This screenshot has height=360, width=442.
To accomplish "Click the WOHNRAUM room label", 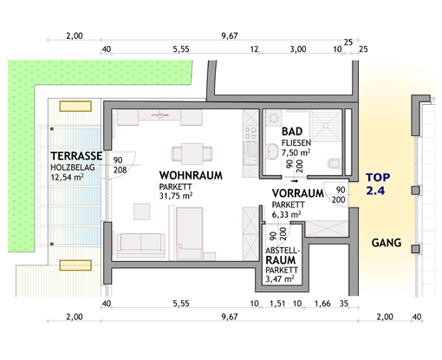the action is pyautogui.click(x=191, y=175).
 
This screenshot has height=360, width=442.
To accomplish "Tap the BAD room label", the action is pyautogui.click(x=292, y=132).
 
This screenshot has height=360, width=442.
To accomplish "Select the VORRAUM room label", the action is pyautogui.click(x=298, y=193).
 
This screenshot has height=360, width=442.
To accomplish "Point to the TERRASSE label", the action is pyautogui.click(x=76, y=156).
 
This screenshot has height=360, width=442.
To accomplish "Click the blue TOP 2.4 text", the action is pyautogui.click(x=378, y=184).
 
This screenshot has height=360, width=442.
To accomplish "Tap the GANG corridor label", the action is pyautogui.click(x=387, y=243).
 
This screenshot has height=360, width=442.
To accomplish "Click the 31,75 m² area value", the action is pyautogui.click(x=176, y=196).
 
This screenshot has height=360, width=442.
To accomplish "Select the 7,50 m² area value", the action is pyautogui.click(x=296, y=152).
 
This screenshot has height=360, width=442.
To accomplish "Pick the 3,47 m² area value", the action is pyautogui.click(x=280, y=279).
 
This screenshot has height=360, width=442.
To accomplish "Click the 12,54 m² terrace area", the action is pyautogui.click(x=68, y=177).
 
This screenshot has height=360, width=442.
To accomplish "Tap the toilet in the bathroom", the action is pyautogui.click(x=335, y=163).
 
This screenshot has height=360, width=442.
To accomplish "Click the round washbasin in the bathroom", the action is pyautogui.click(x=272, y=151).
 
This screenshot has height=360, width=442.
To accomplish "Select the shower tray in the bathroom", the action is pyautogui.click(x=326, y=126).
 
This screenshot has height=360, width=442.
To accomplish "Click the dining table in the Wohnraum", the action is pyautogui.click(x=192, y=154).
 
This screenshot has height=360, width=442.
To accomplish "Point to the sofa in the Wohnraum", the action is pyautogui.click(x=141, y=245).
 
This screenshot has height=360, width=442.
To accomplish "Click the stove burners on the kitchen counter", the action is pyautogui.click(x=250, y=134).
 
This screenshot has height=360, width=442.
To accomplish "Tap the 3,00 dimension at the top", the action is pyautogui.click(x=298, y=49).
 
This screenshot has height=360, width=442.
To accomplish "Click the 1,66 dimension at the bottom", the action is pyautogui.click(x=322, y=304).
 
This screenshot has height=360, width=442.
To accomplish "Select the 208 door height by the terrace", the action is pyautogui.click(x=120, y=170).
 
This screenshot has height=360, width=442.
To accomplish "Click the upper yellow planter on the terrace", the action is pyautogui.click(x=75, y=106).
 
